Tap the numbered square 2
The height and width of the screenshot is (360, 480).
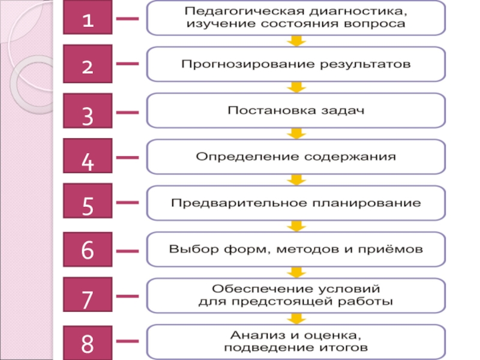pyautogui.click(x=88, y=64)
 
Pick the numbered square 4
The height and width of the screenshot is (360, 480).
pyautogui.click(x=88, y=158)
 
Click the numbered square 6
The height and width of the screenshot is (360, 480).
pyautogui.click(x=88, y=249)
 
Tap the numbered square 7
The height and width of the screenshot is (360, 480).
pyautogui.click(x=88, y=295)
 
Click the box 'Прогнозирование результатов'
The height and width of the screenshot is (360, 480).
pyautogui.click(x=296, y=64)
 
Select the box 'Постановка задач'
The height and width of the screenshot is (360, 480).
pyautogui.click(x=296, y=110)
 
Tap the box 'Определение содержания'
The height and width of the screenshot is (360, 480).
pyautogui.click(x=296, y=157)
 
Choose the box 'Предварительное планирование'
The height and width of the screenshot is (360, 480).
pyautogui.click(x=296, y=203)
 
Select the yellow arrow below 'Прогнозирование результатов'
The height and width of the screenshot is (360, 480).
pyautogui.click(x=296, y=87)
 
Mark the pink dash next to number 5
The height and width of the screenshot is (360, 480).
pyautogui.click(x=127, y=203)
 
